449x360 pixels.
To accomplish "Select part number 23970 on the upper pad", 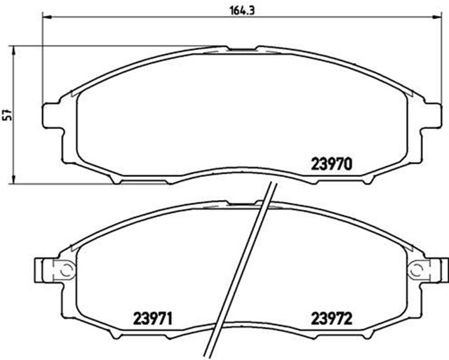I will [331, 164].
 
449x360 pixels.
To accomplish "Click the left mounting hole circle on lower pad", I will [62, 269].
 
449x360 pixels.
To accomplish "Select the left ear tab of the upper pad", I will [53, 116].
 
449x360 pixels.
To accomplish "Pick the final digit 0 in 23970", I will [347, 164].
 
